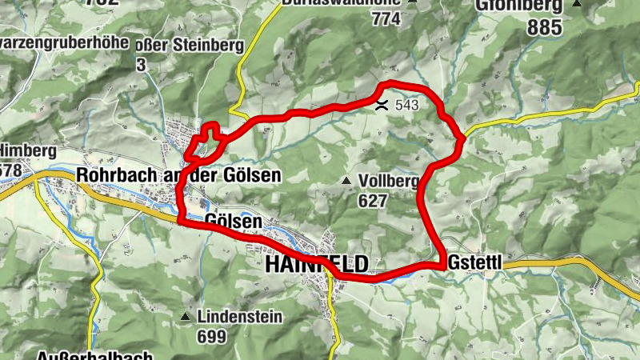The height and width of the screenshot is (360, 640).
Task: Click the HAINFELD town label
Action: coord(316,264)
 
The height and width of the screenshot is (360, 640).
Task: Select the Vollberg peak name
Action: coord(390,182)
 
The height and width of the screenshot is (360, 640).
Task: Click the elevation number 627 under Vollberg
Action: coord(373,201)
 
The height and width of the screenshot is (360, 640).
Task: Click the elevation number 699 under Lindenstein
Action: coord(211,337)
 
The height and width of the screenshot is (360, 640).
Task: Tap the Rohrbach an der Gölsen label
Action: coord(178,175)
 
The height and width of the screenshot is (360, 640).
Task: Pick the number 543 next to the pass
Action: coord(406,105)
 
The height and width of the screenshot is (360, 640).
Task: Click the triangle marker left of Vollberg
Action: coord(346,182)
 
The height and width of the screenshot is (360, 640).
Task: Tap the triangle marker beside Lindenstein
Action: coord(186,318)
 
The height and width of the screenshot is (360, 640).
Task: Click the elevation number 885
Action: coord(546,27)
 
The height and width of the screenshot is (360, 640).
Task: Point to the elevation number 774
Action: coord(386,20)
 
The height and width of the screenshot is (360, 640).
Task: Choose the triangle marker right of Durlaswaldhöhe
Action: coord(413,2)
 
